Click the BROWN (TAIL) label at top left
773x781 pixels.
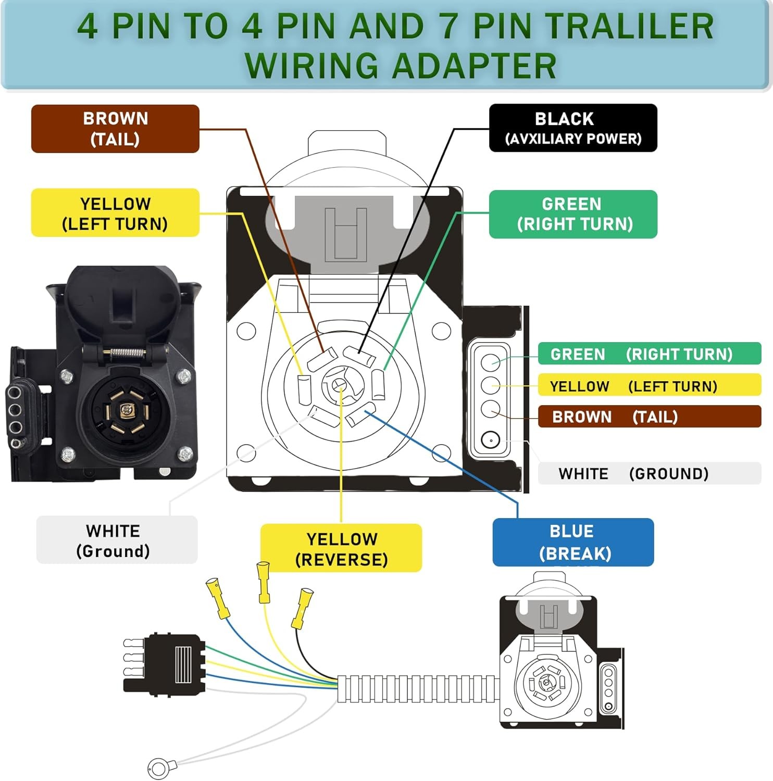tap(115, 129)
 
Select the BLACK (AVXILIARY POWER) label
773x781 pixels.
tap(573, 128)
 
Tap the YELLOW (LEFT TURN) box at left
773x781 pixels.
tap(115, 213)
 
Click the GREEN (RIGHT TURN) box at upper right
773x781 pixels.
tap(573, 214)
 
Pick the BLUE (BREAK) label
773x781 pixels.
tap(573, 542)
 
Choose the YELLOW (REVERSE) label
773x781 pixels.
tap(341, 548)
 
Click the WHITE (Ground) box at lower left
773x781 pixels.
tap(117, 540)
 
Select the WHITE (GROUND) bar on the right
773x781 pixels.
tap(649, 473)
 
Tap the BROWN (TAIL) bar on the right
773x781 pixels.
tap(649, 417)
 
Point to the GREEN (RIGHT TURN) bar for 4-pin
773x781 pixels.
tap(649, 354)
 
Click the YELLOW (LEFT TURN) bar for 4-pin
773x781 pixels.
tap(649, 385)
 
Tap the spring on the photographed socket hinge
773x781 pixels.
tap(127, 352)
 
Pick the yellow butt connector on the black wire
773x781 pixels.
tap(302, 608)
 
